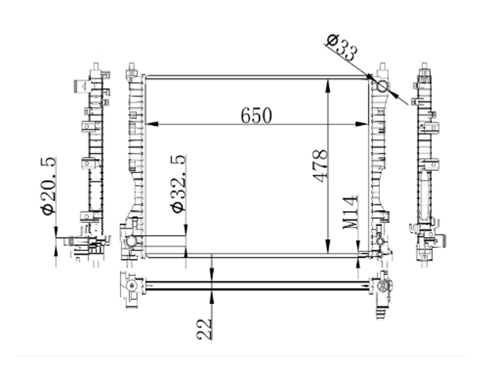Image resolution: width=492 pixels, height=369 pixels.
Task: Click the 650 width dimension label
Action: tap(256, 116)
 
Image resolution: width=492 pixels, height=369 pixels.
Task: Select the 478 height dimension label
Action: tap(320, 165)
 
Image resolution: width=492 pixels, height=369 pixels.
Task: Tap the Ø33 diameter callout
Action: tap(342, 48)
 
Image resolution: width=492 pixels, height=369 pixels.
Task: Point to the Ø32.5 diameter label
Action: tap(178, 184)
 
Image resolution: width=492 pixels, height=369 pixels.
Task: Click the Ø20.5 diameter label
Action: tap(49, 186)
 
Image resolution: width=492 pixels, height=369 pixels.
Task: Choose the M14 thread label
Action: tap(350, 212)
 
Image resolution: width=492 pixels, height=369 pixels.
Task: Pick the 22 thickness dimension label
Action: tap(204, 329)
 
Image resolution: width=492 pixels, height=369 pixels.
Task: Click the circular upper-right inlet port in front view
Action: tap(382, 86)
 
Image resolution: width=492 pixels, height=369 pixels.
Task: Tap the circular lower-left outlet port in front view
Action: tap(131, 242)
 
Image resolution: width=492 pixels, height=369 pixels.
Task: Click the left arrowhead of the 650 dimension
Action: tap(152, 124)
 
